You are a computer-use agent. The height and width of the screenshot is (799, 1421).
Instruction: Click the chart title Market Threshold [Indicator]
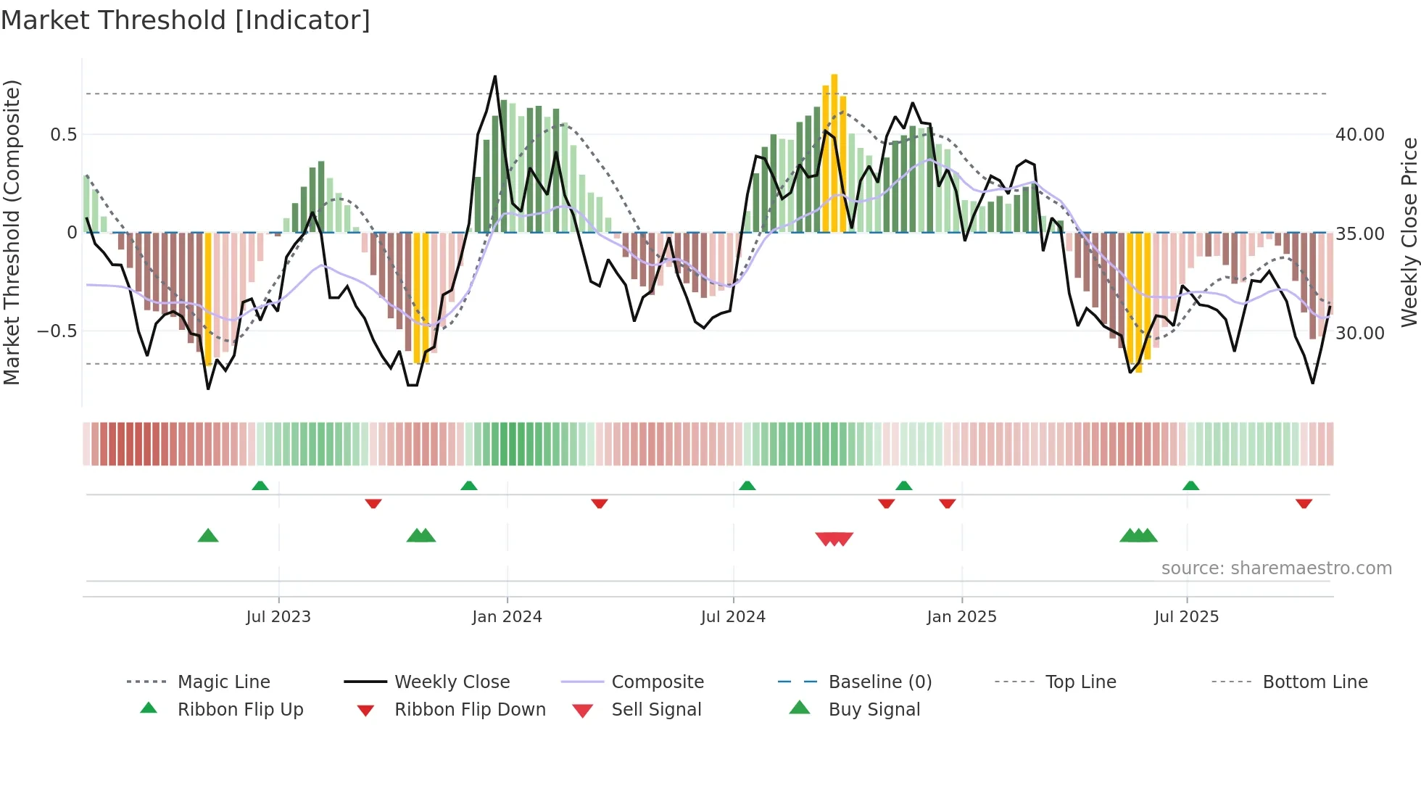point(186,20)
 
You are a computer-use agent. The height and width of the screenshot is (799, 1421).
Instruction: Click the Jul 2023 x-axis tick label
point(278,617)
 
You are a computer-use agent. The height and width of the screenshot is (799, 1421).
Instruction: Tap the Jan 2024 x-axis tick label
point(507,617)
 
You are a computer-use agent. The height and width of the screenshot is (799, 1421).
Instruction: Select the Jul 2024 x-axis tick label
point(733,617)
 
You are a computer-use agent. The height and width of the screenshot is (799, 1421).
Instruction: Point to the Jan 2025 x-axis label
point(961,617)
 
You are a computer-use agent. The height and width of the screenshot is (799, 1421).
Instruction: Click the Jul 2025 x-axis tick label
point(1186,617)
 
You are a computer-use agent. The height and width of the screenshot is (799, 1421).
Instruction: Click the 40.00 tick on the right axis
point(1359,135)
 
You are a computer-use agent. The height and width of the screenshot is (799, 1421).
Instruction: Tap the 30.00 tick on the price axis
point(1359,333)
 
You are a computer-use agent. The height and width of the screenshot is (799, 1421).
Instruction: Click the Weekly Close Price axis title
point(1408,232)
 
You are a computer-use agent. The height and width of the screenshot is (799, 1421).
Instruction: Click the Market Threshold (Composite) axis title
point(12,232)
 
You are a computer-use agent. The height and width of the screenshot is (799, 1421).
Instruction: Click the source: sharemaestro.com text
point(1276,568)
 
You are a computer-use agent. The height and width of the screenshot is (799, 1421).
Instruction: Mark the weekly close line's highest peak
point(495,77)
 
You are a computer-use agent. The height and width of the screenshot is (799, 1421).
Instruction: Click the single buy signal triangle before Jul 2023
point(208,536)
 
